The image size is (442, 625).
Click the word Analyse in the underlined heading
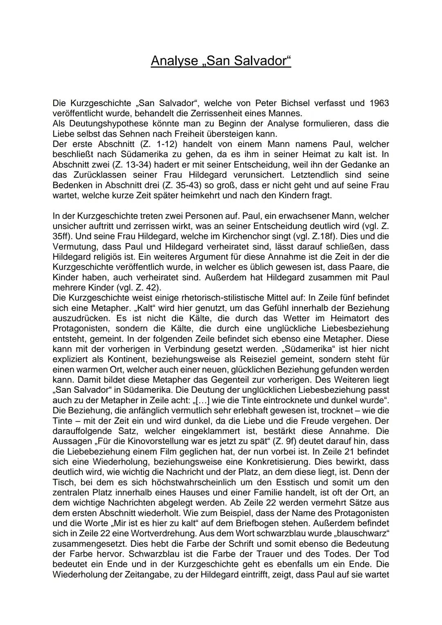tap(174, 61)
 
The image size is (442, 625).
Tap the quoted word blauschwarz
tap(365, 533)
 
